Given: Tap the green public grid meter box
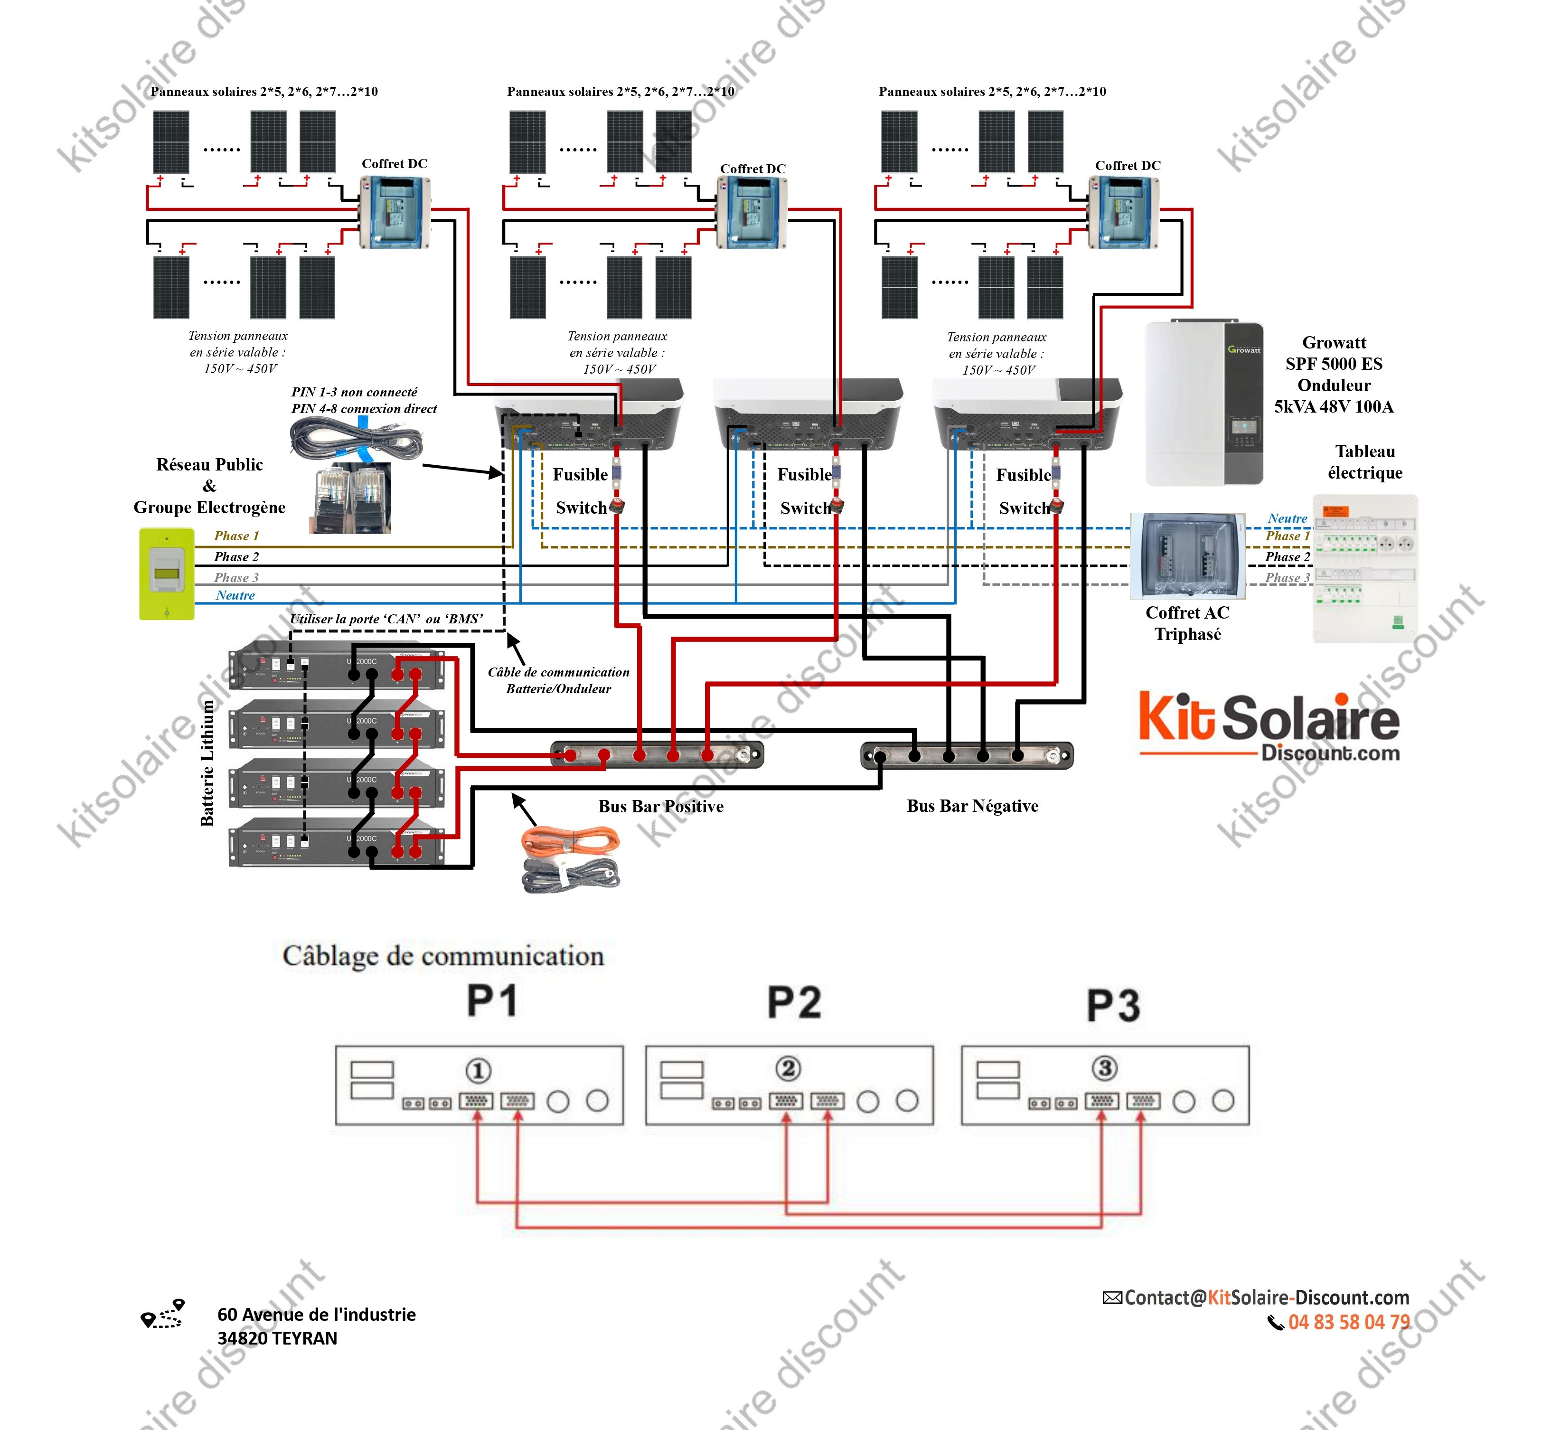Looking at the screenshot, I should click(x=166, y=574).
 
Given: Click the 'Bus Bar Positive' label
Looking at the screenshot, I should click(x=661, y=806).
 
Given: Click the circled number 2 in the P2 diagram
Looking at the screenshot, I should click(x=788, y=1069).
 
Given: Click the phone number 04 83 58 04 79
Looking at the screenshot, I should click(x=1349, y=1322).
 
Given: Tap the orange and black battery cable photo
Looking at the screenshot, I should click(x=571, y=859).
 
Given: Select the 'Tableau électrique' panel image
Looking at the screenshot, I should click(x=1365, y=569).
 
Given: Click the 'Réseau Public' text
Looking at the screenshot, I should click(x=210, y=464).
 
